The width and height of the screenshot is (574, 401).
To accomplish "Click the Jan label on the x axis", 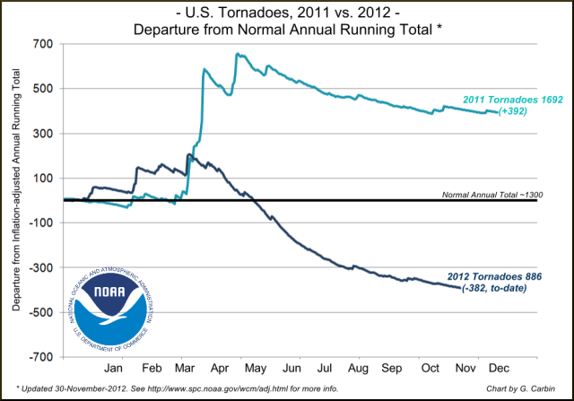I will coord(115,369).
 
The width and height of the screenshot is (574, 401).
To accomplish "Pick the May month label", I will coord(253,369).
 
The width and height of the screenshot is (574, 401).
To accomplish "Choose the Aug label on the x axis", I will coord(357,369).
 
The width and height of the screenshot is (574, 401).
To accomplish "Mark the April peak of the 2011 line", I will coord(238,54).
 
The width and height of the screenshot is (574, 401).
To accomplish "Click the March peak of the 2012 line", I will coord(188,155).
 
